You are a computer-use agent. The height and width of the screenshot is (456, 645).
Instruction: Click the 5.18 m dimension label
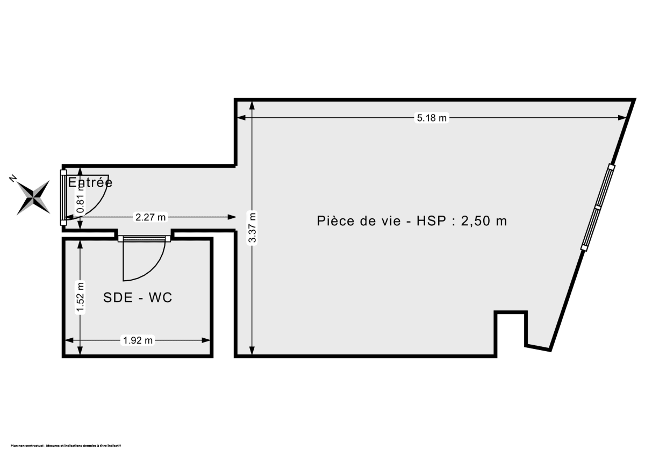[x=432, y=118]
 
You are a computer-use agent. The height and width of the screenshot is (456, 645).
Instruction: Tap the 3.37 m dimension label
[x=253, y=228]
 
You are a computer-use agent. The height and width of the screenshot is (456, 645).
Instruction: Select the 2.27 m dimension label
[x=151, y=217]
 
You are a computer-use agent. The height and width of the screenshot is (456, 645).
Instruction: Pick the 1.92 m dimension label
[x=138, y=340]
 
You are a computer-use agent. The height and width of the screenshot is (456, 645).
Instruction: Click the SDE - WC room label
[x=138, y=297]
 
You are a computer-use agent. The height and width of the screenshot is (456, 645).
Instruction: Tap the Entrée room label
[x=90, y=182]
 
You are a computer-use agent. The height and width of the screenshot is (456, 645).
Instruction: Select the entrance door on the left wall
[x=63, y=198]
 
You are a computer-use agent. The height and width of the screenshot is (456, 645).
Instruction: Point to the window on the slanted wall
[x=598, y=206]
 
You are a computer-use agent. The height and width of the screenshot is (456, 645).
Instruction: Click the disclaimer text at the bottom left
[x=66, y=446]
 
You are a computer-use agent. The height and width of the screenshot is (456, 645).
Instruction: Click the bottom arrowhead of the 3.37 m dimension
[x=253, y=352]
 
